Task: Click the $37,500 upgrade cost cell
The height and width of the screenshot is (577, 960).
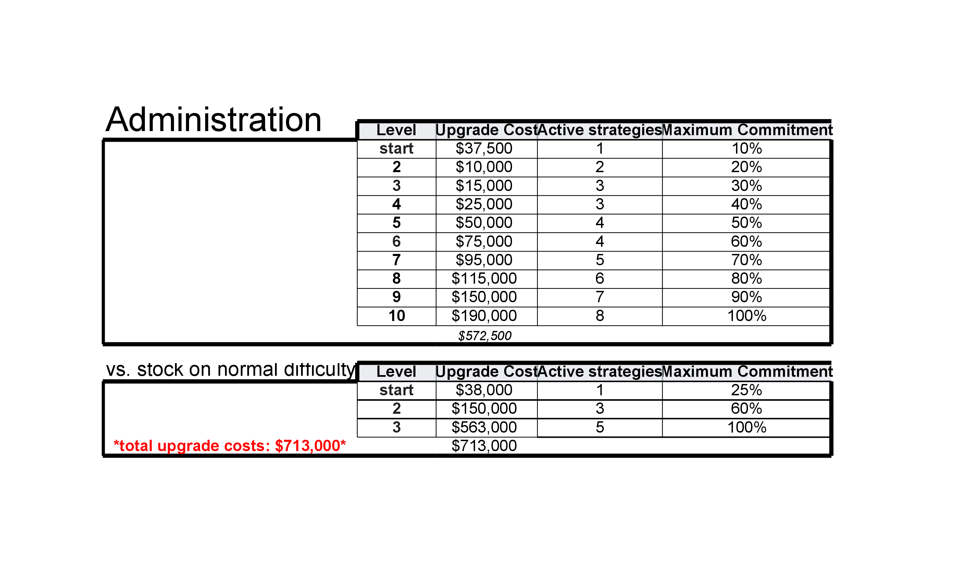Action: coord(484,149)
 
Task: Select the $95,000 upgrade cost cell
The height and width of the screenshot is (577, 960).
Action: coord(484,260)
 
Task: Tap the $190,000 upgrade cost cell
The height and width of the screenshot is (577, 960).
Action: coord(484,316)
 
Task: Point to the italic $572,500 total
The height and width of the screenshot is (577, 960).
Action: coord(484,335)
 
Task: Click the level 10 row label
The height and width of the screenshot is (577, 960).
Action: coord(396,316)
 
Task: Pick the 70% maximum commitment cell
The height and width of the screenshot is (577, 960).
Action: coord(746,260)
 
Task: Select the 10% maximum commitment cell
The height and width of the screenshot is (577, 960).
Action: coord(746,149)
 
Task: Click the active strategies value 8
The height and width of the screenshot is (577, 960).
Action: coord(599,316)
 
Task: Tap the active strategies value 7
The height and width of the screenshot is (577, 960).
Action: coord(599,297)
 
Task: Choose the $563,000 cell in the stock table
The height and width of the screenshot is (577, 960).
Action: coord(484,427)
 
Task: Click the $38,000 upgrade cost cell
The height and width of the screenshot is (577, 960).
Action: coord(484,390)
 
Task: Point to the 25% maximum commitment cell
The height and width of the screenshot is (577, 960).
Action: coord(746,390)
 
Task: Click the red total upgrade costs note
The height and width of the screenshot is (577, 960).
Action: coord(229,446)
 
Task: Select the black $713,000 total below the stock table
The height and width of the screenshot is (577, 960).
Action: coord(484,446)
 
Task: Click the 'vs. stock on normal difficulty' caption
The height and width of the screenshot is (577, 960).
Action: coord(230,369)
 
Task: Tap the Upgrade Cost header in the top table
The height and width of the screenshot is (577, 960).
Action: coord(486,130)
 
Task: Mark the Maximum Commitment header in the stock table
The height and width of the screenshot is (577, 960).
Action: coord(747,371)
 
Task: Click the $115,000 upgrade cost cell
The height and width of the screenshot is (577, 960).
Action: coord(484,278)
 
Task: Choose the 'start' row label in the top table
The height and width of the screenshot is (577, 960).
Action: coord(396,149)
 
